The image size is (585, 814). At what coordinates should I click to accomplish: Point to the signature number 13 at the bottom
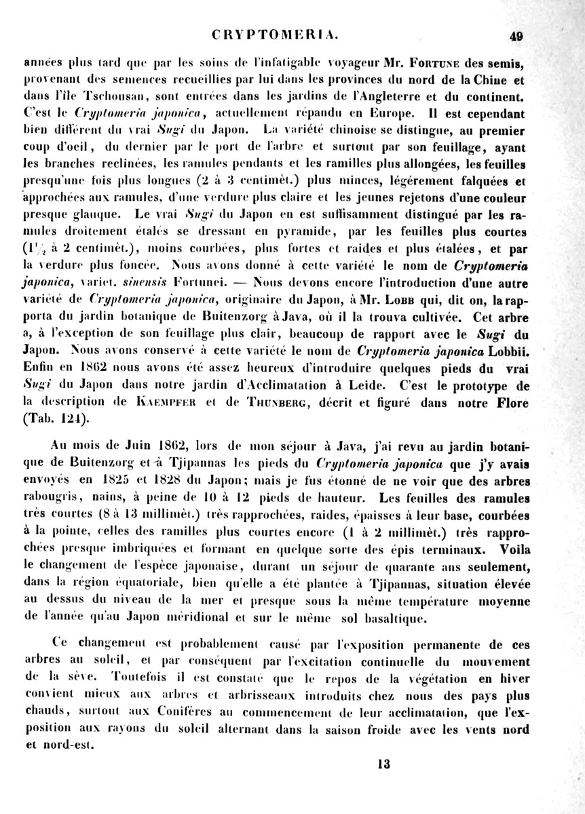point(383,764)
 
